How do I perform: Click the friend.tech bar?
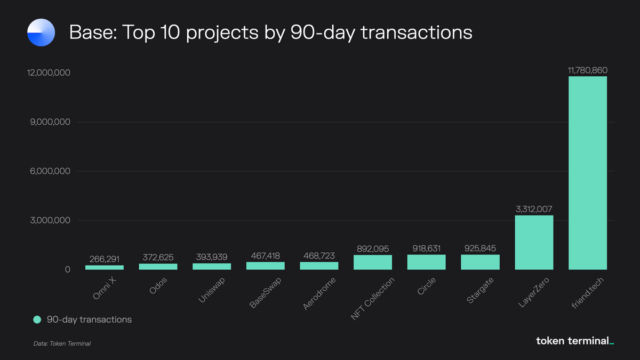(x=587, y=173)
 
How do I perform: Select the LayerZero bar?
(x=534, y=242)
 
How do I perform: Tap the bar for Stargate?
(x=480, y=262)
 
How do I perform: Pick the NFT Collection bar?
(x=373, y=262)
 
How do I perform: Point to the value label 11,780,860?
(x=587, y=70)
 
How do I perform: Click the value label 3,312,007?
(x=534, y=209)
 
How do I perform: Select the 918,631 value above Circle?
(x=426, y=249)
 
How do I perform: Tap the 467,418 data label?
(x=265, y=256)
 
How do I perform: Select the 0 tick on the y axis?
(x=68, y=270)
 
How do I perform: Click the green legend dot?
(x=37, y=319)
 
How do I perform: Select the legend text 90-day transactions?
(x=89, y=319)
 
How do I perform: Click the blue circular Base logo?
(x=41, y=32)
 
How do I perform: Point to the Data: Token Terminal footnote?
(x=62, y=343)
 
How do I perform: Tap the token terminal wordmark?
(x=574, y=341)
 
